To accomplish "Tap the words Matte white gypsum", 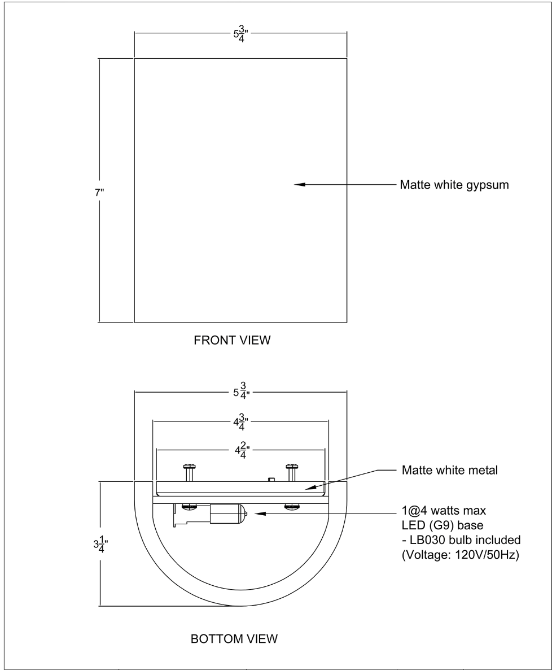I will [454, 185].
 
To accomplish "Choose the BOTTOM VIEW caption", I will [234, 639].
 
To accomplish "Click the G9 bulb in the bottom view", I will [228, 514].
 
